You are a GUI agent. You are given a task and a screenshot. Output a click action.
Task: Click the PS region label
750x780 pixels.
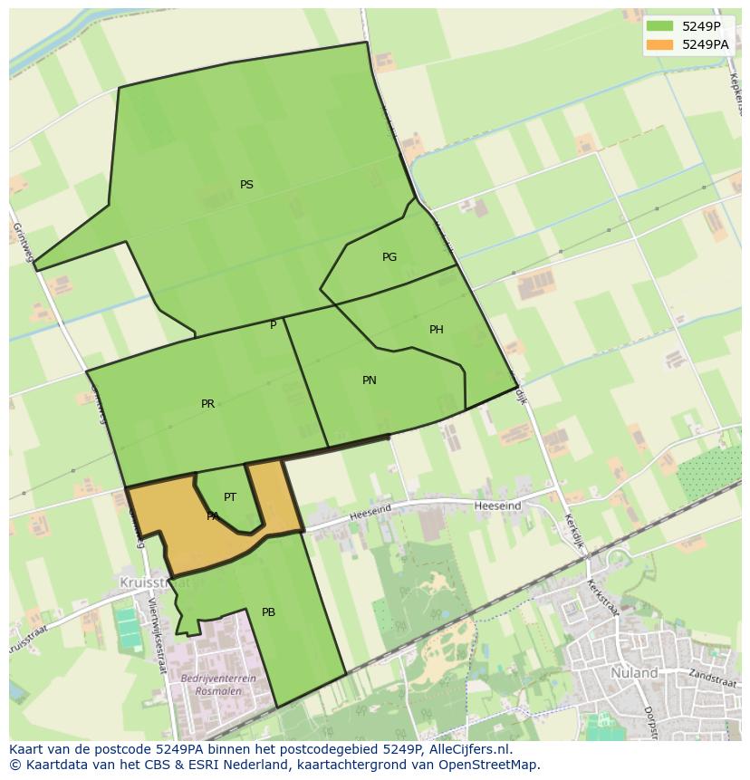246,185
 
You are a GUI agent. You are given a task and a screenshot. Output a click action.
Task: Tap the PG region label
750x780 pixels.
389,257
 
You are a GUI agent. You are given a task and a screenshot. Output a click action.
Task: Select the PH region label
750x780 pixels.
437,330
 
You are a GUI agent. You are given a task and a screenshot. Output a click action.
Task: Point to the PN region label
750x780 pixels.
370,380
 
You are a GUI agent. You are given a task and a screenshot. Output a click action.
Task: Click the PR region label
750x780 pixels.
208,404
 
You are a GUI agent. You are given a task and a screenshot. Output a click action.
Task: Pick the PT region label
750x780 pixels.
230,497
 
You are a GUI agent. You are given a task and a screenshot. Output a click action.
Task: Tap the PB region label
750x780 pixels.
268,612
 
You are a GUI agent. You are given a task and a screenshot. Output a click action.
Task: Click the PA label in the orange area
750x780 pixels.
213,516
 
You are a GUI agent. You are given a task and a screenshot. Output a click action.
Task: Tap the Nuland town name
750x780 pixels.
634,673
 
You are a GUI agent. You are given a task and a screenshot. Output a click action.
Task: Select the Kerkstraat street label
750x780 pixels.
601,598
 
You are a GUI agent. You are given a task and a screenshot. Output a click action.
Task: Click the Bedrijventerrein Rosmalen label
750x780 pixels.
218,684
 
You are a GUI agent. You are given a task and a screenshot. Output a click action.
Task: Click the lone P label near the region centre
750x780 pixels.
273,325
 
